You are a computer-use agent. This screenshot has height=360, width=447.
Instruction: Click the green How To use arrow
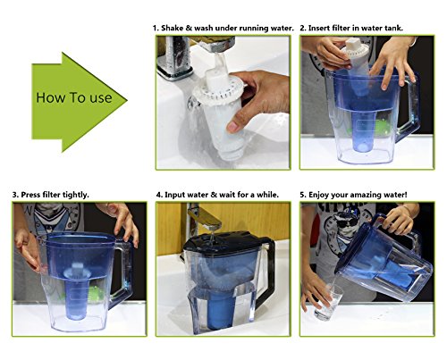point(76,96)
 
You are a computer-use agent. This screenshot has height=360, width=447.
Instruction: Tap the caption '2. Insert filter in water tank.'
point(350,28)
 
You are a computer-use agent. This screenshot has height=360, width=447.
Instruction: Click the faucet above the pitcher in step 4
point(201,219)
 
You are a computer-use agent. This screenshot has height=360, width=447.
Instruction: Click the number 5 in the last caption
point(305,194)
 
